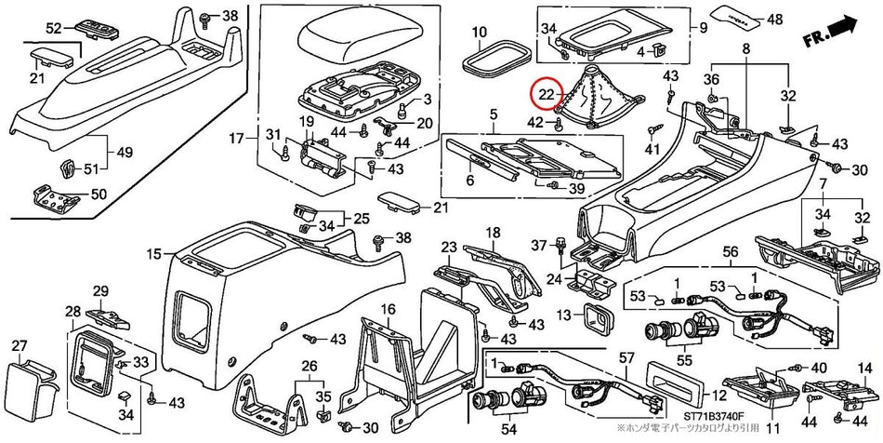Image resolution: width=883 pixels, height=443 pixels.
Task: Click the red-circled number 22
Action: pos(547,92)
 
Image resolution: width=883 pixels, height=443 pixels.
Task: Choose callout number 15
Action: pos(153,252)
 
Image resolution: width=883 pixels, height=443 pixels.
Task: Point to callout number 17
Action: pos(239,140)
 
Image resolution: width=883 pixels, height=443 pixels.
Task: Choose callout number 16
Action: pos(387,308)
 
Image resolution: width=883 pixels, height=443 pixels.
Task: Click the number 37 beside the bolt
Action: pos(536,244)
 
